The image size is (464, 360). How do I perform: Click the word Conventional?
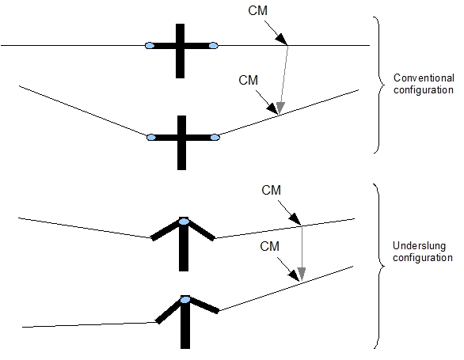[424, 78]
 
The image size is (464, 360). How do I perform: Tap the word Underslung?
[419, 246]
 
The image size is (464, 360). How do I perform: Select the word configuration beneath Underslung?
[423, 258]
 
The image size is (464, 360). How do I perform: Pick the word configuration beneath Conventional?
[423, 90]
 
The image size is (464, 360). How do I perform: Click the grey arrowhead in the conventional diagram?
[280, 108]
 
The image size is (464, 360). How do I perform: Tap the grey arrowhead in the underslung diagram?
[301, 274]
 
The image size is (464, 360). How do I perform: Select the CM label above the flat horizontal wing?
[258, 10]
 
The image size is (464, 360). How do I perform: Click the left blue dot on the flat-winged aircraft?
[150, 46]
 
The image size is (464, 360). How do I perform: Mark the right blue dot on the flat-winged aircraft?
[213, 46]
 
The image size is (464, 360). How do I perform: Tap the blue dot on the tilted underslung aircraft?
[185, 300]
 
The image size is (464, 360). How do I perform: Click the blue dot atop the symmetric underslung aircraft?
[184, 222]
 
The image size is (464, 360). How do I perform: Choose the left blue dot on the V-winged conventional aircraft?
[151, 137]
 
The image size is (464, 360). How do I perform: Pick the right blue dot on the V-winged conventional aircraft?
[215, 137]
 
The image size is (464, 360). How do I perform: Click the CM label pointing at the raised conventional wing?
[249, 81]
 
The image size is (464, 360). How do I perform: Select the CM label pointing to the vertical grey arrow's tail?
[271, 190]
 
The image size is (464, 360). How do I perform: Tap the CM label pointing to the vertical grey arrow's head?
[269, 246]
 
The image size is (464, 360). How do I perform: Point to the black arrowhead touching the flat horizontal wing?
[281, 40]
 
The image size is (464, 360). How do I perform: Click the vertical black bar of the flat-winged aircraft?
[180, 51]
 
